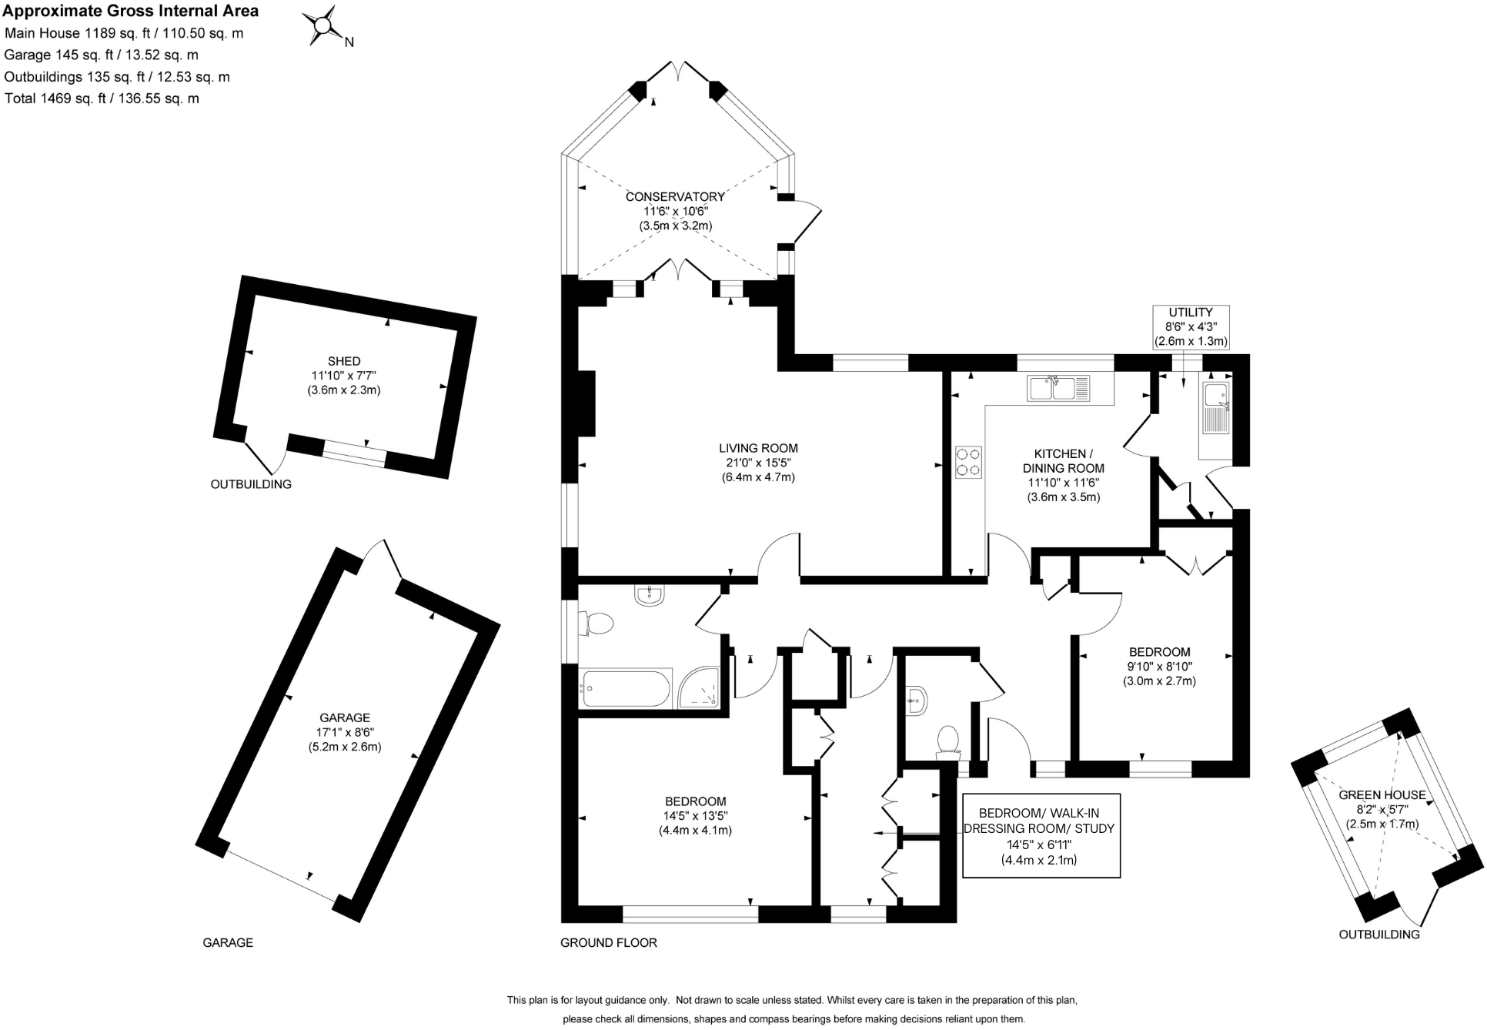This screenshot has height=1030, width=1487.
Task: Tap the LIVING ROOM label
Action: (x=757, y=448)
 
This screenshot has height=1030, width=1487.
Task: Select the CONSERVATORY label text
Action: (x=674, y=197)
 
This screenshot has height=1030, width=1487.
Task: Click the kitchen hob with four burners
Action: (x=969, y=462)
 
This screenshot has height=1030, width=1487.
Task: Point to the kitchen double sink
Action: (x=1059, y=388)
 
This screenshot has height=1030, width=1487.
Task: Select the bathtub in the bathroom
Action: (x=626, y=687)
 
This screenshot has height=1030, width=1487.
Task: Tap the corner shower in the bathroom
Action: (x=699, y=688)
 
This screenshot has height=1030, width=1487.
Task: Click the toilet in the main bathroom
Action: (x=596, y=623)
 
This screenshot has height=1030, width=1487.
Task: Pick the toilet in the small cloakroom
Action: (x=947, y=741)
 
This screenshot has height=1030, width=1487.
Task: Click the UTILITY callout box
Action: (x=1190, y=327)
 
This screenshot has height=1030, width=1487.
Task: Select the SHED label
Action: (x=344, y=361)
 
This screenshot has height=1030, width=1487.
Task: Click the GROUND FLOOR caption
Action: (x=608, y=942)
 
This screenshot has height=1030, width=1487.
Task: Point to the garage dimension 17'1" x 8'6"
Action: (x=345, y=732)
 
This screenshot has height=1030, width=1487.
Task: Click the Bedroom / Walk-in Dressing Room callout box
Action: (x=1041, y=835)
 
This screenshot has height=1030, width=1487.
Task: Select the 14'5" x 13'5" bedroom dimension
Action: (x=695, y=816)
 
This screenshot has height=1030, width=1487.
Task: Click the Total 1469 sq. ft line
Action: (x=102, y=99)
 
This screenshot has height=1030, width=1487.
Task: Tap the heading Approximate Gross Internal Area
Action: (x=131, y=11)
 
